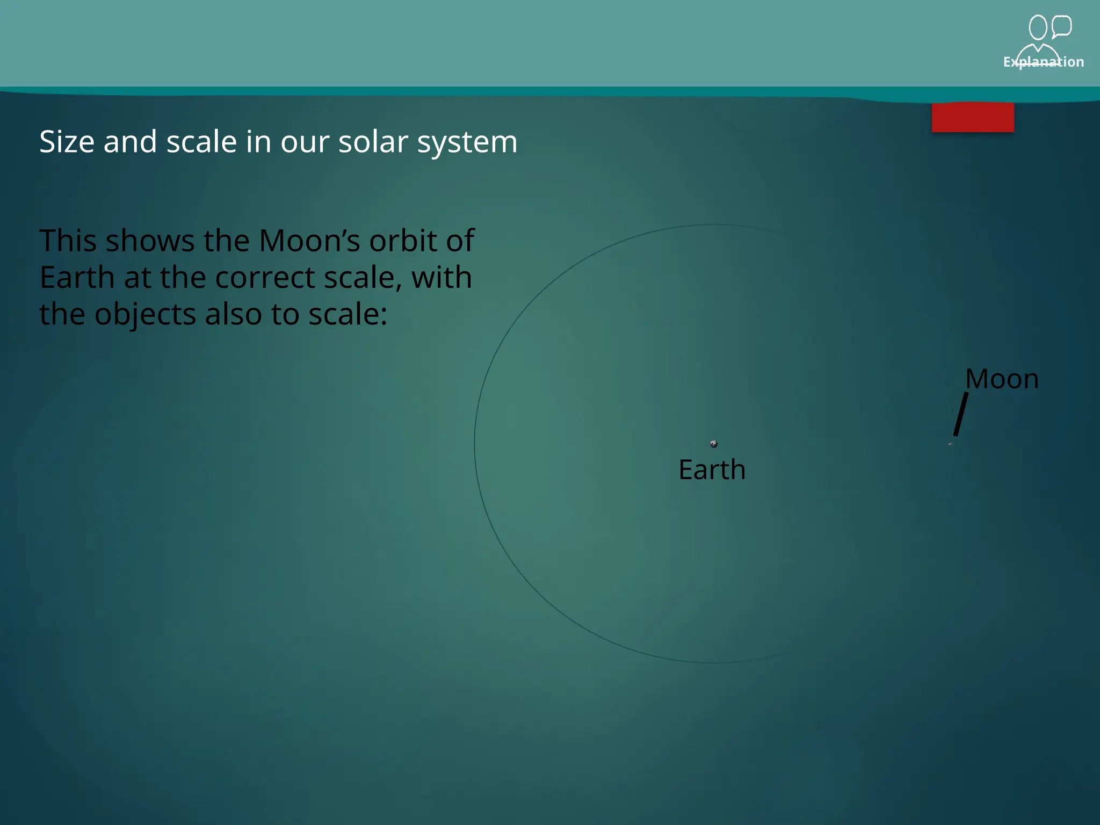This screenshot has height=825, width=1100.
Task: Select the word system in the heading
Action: point(467,143)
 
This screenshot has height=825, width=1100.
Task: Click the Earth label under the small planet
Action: point(712,469)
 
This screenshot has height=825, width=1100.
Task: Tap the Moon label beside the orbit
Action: point(1002,379)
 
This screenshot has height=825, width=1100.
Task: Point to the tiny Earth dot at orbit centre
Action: point(714,444)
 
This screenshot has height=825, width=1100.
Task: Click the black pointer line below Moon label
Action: point(961,414)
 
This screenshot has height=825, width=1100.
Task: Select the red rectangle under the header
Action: point(973,117)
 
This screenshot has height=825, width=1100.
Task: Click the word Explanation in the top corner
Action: point(1043,62)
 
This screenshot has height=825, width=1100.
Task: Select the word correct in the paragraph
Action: point(265,278)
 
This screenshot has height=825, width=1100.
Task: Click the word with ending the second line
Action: point(441,278)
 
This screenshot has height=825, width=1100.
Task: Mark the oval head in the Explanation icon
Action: point(1038,27)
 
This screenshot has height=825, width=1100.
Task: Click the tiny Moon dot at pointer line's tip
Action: point(950,444)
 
